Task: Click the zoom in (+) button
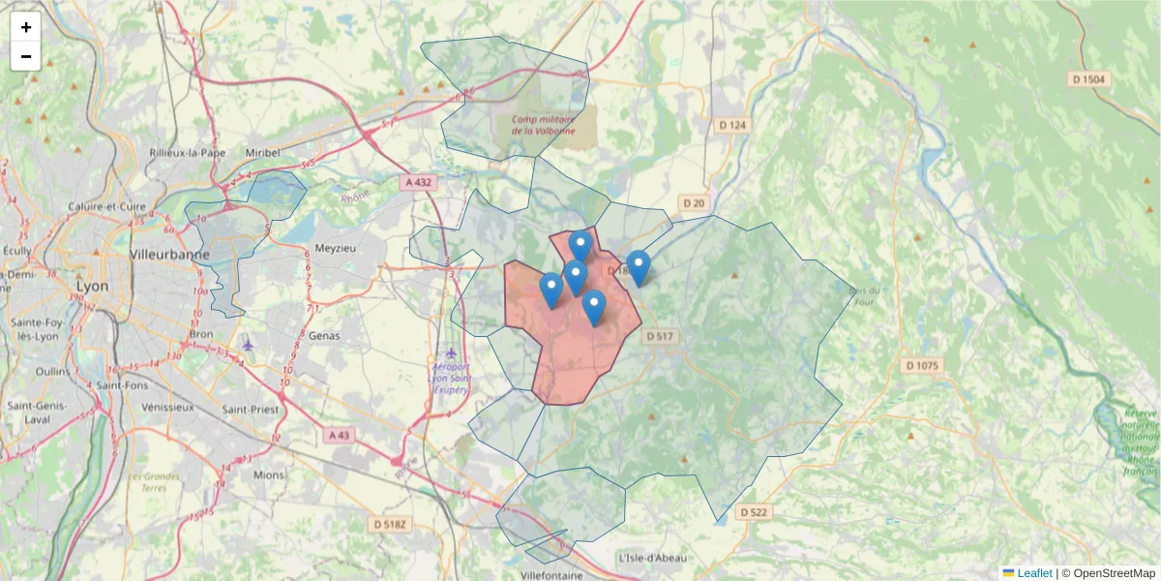26,27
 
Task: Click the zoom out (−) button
26,56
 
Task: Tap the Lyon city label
93,287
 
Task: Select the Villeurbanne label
169,255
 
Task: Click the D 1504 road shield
1091,79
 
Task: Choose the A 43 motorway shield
340,436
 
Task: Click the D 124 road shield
732,125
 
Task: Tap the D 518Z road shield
392,524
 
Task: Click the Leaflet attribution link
1033,573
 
